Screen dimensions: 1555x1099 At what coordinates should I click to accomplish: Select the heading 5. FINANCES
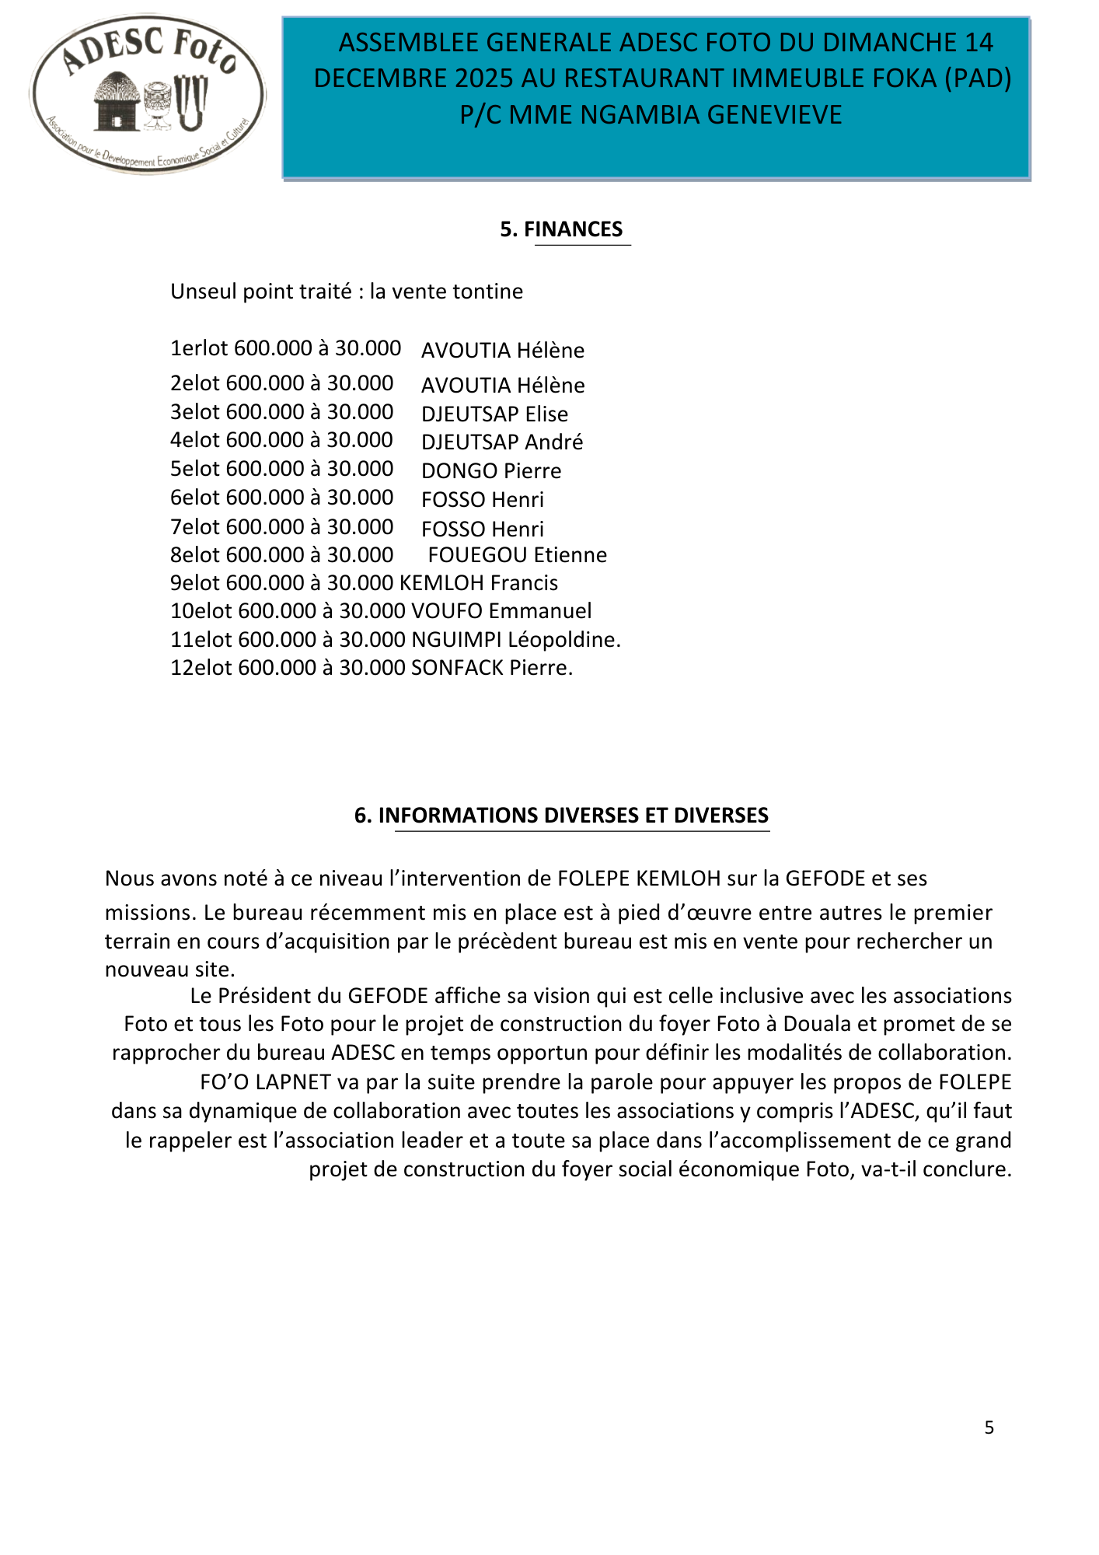(561, 229)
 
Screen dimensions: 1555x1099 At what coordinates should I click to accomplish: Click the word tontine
(487, 292)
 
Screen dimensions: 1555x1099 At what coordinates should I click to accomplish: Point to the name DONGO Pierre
(491, 471)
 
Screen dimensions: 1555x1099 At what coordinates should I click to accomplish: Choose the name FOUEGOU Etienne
(518, 555)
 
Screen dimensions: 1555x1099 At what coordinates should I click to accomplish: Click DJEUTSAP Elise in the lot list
(494, 414)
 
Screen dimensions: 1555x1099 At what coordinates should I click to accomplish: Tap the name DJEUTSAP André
(502, 442)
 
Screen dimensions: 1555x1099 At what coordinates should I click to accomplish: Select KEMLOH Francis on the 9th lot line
(478, 583)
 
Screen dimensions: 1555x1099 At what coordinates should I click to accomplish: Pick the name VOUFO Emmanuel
(501, 611)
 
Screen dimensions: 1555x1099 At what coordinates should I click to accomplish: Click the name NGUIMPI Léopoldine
(515, 640)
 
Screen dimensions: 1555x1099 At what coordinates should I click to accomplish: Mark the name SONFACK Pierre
(490, 668)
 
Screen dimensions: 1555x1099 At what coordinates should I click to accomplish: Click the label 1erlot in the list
(199, 348)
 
